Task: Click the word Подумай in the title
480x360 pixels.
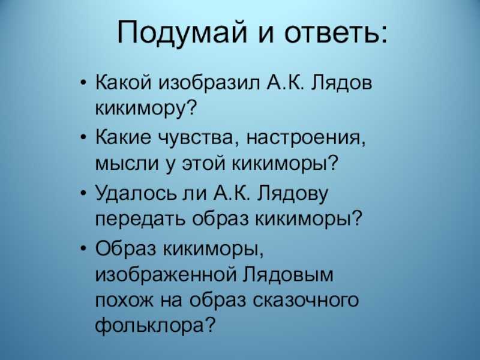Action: pyautogui.click(x=182, y=32)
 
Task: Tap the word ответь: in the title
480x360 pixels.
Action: pyautogui.click(x=335, y=32)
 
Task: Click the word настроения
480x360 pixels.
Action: pyautogui.click(x=306, y=138)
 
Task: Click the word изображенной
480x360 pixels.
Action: pyautogui.click(x=166, y=274)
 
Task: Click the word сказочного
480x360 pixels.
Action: pyautogui.click(x=306, y=301)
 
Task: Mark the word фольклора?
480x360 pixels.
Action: pyautogui.click(x=154, y=325)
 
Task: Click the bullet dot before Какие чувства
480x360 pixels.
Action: pyautogui.click(x=84, y=139)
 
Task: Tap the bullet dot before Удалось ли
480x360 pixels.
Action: pyautogui.click(x=84, y=193)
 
